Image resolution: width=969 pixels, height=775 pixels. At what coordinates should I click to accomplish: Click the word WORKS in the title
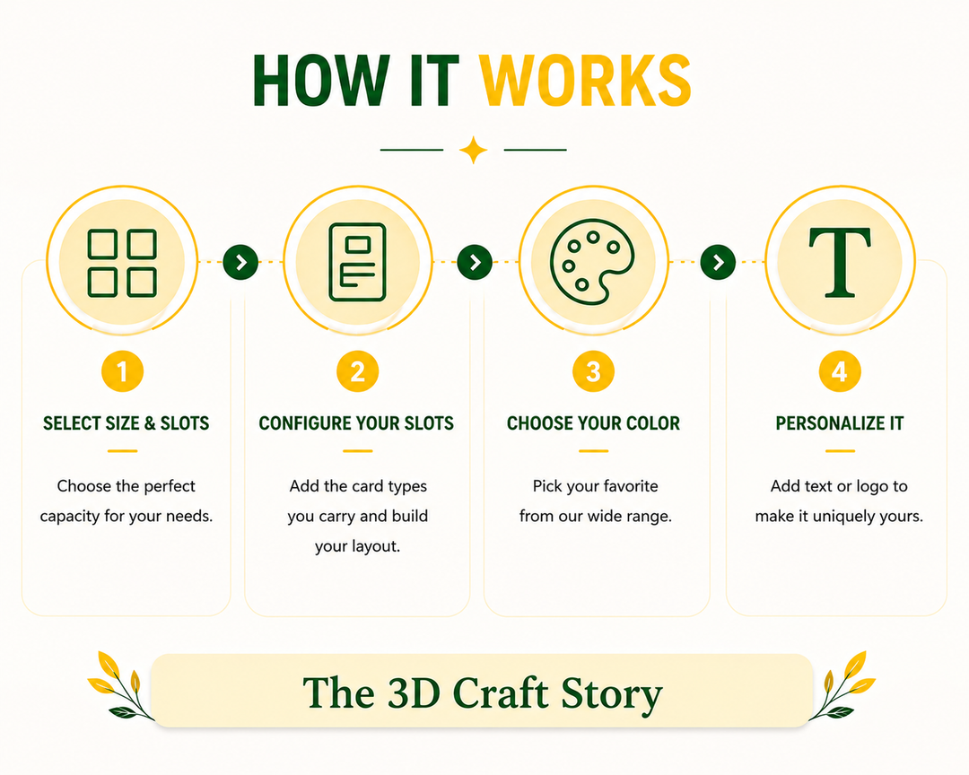click(586, 81)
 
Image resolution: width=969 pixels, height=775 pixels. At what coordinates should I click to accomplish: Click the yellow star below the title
click(474, 150)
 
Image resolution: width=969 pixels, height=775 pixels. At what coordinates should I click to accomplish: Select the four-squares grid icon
click(122, 264)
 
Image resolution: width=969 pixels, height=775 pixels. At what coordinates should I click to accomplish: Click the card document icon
click(358, 262)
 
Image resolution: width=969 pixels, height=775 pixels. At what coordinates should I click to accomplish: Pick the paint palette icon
click(591, 261)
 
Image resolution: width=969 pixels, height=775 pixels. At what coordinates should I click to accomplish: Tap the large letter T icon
click(840, 262)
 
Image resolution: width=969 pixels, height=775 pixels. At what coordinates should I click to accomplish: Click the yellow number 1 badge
click(122, 371)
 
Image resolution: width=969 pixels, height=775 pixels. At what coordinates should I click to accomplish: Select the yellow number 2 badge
click(358, 371)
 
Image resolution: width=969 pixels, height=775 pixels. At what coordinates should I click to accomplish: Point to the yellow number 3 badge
click(593, 371)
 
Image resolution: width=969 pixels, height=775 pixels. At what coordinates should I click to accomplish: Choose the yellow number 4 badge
click(840, 371)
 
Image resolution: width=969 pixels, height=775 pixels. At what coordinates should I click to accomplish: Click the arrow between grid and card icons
click(240, 262)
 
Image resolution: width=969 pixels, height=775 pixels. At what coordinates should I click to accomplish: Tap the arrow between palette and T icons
click(718, 262)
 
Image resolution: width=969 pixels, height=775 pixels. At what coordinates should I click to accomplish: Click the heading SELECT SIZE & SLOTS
click(127, 423)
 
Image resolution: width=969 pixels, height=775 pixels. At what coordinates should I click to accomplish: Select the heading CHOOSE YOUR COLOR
click(593, 423)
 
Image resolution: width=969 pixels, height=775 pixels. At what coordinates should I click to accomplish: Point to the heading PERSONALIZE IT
click(840, 423)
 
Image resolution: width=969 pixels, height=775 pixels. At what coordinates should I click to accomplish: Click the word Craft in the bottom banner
click(501, 692)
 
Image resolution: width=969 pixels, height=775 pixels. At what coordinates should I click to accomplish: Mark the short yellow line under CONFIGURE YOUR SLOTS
click(358, 451)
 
